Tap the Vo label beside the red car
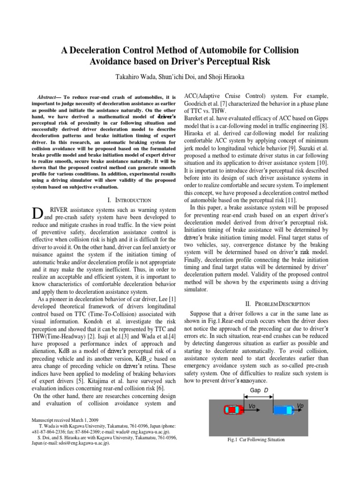(x=252, y=406)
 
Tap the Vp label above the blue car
(x=300, y=405)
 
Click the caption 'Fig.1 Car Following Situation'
(x=255, y=440)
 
